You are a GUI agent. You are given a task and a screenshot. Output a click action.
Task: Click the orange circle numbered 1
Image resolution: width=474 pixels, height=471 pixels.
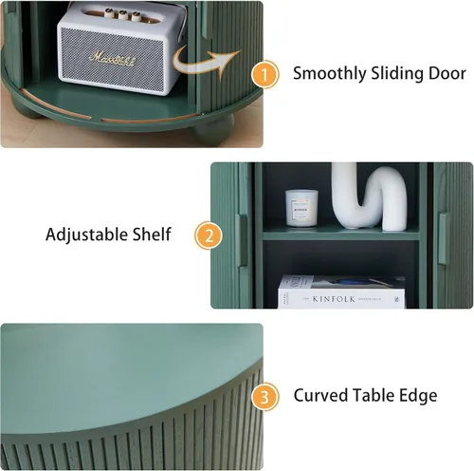click(264, 74)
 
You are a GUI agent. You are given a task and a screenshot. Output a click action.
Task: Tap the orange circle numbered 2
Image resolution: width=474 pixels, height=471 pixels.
click(209, 235)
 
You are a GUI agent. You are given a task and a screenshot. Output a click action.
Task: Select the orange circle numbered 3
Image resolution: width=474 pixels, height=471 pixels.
click(264, 397)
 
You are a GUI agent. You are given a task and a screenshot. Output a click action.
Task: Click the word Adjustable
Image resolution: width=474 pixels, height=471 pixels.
click(86, 235)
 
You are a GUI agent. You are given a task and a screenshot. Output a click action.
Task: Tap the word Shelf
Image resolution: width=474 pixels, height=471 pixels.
click(152, 235)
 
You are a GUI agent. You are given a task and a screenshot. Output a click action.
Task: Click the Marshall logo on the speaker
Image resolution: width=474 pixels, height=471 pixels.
click(113, 59)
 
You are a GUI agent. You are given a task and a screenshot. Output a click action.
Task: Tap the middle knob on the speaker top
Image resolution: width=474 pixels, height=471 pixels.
click(123, 14)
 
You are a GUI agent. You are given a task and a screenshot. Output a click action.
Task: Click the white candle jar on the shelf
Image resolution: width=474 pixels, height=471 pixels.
click(301, 208)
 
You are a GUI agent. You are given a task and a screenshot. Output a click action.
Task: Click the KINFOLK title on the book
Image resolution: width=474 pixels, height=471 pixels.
click(334, 299)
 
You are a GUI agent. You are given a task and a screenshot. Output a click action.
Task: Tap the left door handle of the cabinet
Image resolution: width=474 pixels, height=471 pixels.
click(243, 240)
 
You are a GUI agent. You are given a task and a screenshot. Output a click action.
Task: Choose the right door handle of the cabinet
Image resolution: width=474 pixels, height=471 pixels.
click(443, 238)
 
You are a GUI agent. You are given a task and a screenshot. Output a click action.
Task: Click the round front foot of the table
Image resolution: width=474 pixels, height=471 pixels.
click(213, 129)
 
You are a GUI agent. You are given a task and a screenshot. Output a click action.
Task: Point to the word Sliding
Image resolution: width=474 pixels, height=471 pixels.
click(397, 74)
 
